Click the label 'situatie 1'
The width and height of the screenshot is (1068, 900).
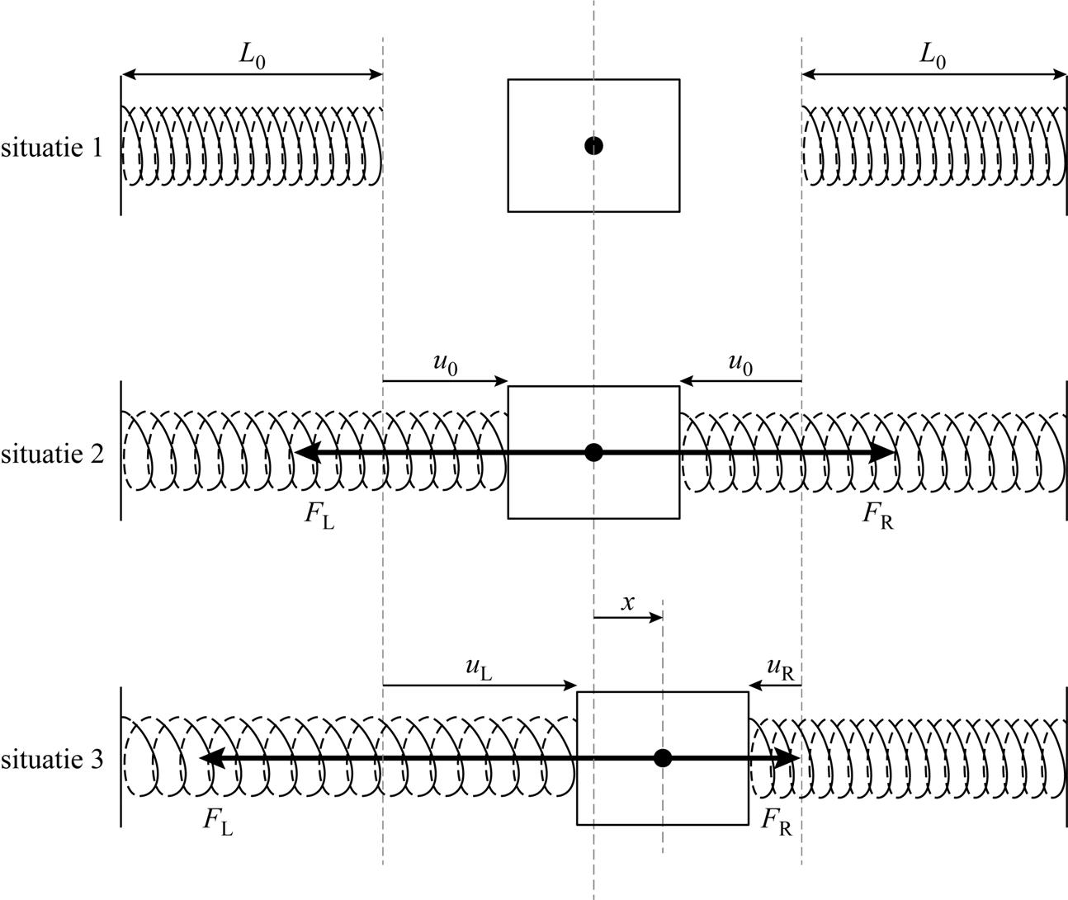tap(51, 148)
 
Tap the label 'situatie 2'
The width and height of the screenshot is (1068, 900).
tap(51, 455)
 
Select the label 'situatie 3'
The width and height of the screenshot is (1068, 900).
tap(51, 760)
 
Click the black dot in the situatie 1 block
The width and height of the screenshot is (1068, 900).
tap(593, 146)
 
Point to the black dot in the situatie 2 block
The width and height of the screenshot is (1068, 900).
tap(593, 452)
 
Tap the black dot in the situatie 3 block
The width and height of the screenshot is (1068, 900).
tap(662, 758)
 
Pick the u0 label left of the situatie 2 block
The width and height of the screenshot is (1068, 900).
tap(446, 363)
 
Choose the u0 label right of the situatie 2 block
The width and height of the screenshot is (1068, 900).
tap(740, 363)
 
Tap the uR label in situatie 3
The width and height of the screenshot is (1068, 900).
tap(780, 669)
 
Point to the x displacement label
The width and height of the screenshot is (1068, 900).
tap(628, 603)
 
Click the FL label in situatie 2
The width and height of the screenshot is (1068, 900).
tap(319, 516)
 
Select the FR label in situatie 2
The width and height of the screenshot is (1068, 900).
tap(877, 516)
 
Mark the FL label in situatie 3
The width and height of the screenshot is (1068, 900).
tap(218, 821)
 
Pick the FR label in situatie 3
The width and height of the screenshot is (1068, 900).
tap(776, 821)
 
